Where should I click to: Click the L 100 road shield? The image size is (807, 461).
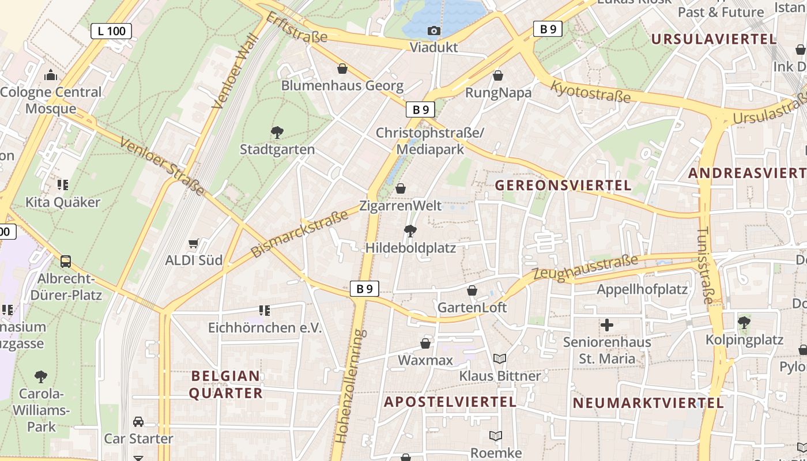111,31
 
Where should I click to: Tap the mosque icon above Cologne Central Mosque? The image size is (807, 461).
51,75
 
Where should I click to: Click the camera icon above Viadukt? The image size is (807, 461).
434,31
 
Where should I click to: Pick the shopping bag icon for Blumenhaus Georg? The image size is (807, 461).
342,69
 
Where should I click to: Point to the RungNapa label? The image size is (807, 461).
498,93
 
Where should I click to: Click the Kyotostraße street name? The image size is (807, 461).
591,92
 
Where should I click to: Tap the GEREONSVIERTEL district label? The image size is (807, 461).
563,186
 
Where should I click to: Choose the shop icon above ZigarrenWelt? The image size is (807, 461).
401,188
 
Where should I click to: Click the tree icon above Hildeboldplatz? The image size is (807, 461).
410,231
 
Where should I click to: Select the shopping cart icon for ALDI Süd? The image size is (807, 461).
194,244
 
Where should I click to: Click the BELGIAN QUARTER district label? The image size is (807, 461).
226,385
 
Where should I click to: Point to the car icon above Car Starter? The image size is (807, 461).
138,422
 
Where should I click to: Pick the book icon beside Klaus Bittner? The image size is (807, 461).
500,359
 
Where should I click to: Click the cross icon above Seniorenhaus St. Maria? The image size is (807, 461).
606,325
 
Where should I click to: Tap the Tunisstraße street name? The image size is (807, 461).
705,265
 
